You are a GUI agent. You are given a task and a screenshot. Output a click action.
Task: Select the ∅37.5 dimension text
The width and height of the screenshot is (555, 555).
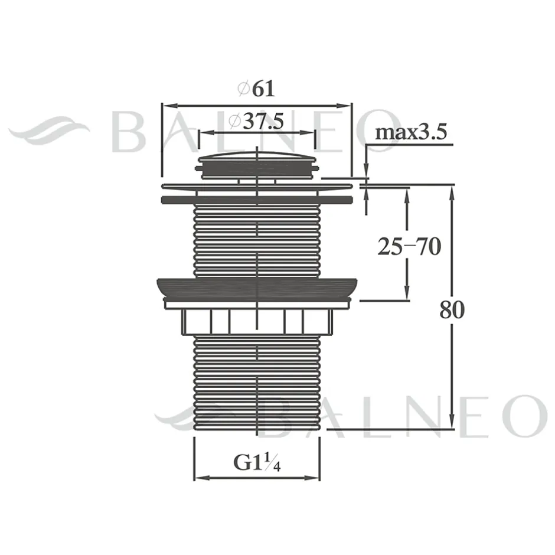point(256,121)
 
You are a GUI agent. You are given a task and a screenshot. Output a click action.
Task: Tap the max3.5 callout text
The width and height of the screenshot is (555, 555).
point(411,132)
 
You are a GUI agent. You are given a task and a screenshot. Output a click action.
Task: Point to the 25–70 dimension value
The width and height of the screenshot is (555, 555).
point(409,246)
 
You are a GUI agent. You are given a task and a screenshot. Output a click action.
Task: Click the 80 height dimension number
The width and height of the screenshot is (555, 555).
point(452,310)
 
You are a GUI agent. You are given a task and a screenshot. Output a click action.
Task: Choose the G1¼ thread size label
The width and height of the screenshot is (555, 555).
point(257,463)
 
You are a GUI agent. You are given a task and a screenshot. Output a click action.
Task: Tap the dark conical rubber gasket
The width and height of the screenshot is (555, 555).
point(257,288)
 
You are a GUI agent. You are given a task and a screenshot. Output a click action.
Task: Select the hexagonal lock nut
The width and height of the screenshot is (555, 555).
point(257,322)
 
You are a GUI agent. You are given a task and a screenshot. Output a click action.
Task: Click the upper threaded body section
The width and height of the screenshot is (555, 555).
point(257,241)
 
